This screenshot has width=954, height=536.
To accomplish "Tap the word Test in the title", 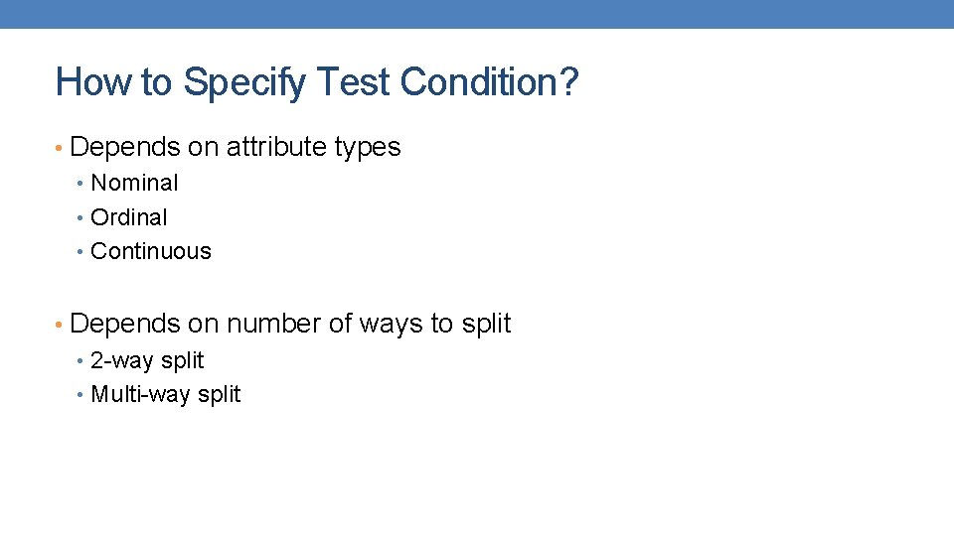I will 353,82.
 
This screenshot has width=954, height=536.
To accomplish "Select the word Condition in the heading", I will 479,82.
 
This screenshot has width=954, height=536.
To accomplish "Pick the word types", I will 368,147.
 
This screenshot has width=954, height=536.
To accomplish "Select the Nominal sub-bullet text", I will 134,183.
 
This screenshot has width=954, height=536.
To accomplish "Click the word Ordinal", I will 129,217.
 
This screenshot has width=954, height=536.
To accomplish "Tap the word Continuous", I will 151,251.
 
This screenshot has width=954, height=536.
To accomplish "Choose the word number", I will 274,324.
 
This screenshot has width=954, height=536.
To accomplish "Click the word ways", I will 391,324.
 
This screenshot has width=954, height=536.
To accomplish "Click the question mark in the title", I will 568,82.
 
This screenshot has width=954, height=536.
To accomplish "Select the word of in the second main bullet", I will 341,324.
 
